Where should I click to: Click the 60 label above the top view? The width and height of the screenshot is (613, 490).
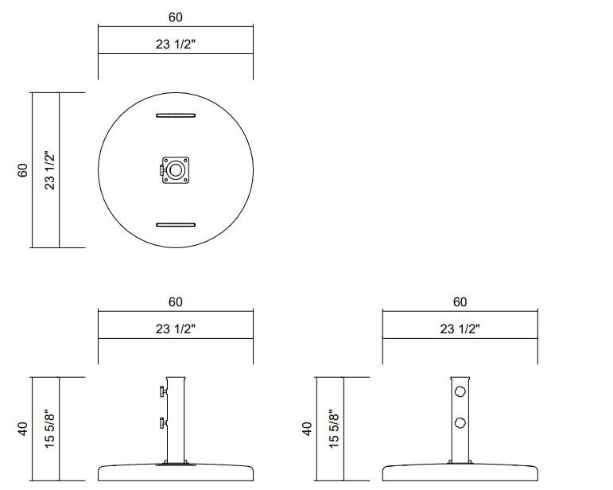coord(175,17)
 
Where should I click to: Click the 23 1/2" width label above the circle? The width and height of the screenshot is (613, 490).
coord(175,45)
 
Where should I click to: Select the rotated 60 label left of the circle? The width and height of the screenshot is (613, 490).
coord(23,169)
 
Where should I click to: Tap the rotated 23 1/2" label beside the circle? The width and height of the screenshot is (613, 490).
coord(50,169)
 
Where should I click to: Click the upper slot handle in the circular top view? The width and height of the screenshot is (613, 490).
coord(176,116)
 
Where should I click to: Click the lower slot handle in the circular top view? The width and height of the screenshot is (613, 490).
coord(176,224)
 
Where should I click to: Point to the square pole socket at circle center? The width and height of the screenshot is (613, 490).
coord(177,169)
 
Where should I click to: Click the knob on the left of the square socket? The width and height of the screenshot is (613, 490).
coord(162,169)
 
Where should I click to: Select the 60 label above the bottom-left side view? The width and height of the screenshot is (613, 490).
coord(175,301)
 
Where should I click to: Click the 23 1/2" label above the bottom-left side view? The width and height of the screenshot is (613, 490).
coord(175,329)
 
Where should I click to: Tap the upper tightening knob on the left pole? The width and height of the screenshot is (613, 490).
coord(162,391)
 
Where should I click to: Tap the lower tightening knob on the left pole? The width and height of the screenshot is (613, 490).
coord(162,422)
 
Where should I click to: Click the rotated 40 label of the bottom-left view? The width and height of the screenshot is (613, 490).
coord(23,429)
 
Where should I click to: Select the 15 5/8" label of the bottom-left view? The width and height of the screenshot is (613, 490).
coord(50,429)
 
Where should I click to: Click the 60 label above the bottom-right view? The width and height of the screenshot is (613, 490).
coord(460,301)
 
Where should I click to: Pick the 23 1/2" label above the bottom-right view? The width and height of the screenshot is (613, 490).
coord(460,329)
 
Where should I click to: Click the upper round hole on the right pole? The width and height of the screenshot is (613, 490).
coord(460,391)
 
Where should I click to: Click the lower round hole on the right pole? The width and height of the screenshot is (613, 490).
coord(460,422)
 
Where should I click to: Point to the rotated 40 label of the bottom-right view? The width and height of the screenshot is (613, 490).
coord(308,429)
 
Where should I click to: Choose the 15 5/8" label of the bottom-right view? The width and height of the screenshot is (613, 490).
coord(335,429)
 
